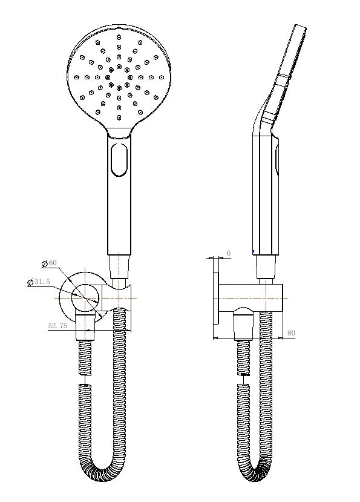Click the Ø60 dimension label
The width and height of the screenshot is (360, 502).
(49, 263)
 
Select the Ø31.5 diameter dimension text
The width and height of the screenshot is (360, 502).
(39, 282)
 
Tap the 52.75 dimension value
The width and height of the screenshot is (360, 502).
(57, 326)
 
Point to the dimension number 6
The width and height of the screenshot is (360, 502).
(228, 253)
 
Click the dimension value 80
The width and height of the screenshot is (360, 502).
(292, 333)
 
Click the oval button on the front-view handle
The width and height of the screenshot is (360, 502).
(119, 159)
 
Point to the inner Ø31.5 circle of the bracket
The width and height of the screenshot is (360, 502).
(85, 297)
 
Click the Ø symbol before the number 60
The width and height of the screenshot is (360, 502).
(45, 263)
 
